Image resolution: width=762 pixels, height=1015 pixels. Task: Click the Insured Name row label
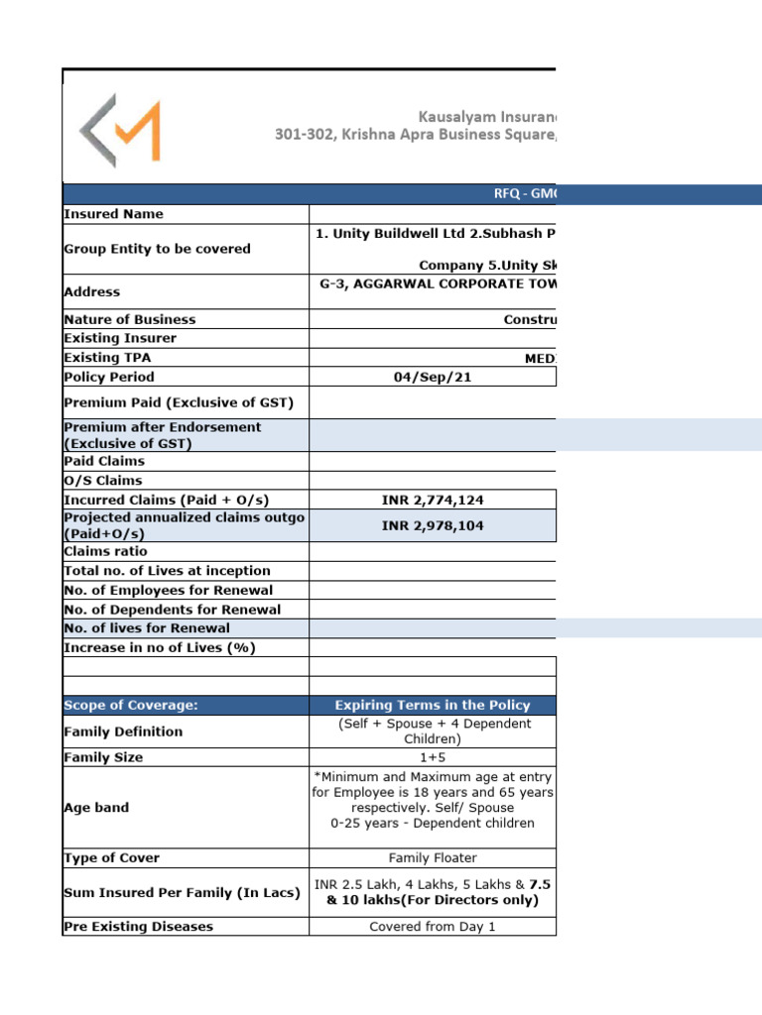[x=113, y=214]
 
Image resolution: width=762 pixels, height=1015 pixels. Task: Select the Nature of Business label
[x=129, y=319]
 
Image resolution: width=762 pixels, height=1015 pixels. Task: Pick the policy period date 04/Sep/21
[x=433, y=377]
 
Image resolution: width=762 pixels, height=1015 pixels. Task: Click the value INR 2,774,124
[x=433, y=501]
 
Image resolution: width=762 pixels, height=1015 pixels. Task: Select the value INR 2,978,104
[x=433, y=525]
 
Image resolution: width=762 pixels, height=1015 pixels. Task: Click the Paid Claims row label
[x=103, y=461]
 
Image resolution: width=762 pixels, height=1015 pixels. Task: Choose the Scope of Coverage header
[x=131, y=705]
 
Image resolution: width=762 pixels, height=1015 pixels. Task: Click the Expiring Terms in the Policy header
[x=433, y=705]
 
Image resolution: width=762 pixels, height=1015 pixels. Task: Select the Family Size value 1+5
[x=433, y=757]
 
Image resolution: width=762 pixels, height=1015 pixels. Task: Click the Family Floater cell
[x=433, y=857]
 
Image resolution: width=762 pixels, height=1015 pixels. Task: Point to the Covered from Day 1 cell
[x=433, y=927]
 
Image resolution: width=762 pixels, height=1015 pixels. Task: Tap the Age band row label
[x=96, y=808]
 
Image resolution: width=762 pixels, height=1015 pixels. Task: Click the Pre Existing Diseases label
[x=138, y=927]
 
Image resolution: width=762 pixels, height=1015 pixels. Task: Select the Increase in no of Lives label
[x=159, y=647]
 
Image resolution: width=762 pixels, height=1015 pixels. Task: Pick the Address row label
[x=91, y=291]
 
